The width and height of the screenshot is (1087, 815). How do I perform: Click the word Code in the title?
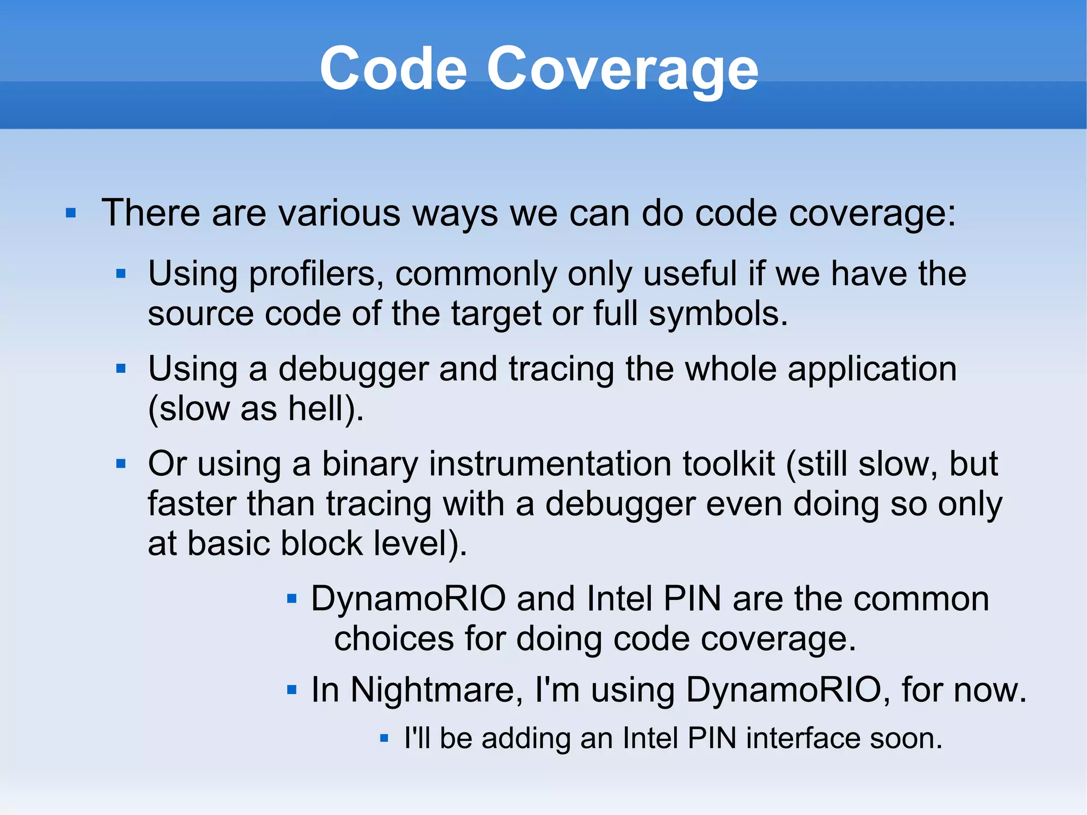click(x=393, y=69)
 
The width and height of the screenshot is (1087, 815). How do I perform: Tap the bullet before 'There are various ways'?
click(x=71, y=213)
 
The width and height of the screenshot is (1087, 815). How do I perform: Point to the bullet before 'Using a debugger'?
click(x=121, y=368)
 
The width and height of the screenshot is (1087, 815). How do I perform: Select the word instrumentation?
click(x=549, y=464)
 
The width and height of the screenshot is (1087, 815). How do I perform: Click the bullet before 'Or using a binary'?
click(x=121, y=464)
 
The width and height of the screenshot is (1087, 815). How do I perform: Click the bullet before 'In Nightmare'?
click(x=291, y=690)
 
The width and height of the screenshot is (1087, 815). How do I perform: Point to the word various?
click(x=340, y=213)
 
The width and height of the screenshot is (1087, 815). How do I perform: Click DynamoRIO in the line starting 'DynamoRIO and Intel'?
click(x=408, y=598)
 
